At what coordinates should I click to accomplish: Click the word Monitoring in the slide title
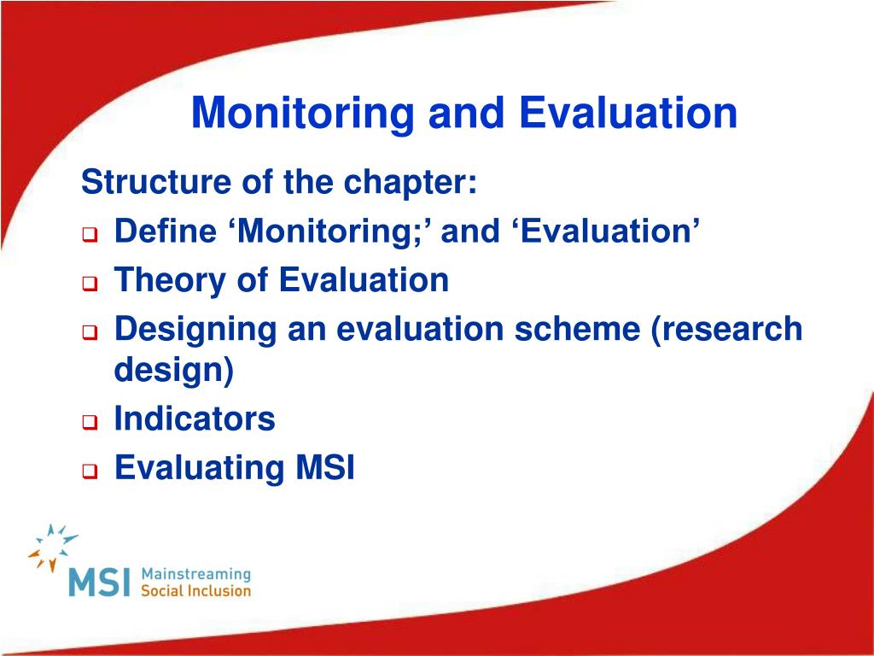(302, 114)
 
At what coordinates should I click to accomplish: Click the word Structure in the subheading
(156, 182)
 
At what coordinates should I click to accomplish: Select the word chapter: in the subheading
(411, 183)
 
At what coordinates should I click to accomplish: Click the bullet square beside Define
(90, 234)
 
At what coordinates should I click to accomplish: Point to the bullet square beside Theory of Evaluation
(90, 284)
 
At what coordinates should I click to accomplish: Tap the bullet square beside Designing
(90, 332)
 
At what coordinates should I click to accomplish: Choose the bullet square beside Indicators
(90, 422)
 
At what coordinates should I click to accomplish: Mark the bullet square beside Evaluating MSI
(90, 471)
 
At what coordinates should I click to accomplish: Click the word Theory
(170, 281)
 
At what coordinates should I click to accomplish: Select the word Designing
(195, 331)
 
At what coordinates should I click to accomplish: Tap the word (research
(727, 329)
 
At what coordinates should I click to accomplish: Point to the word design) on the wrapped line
(174, 370)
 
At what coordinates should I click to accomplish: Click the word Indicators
(195, 418)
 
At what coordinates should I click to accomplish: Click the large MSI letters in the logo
(99, 582)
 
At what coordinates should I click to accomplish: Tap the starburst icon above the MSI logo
(53, 548)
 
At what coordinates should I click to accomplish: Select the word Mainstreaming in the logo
(196, 575)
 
